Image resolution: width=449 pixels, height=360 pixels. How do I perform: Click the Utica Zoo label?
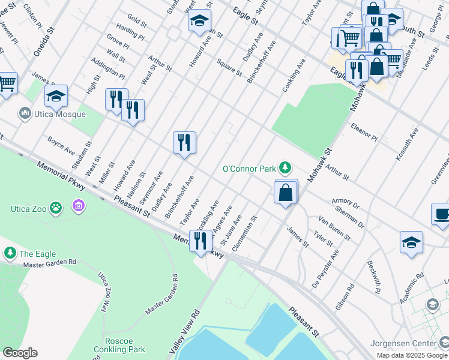click(x=29, y=209)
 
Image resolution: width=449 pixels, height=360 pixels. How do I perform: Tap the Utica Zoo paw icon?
click(x=56, y=208)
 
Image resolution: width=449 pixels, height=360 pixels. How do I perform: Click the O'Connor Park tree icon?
click(x=287, y=168)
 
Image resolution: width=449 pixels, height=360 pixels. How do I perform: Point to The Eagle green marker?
click(x=10, y=253)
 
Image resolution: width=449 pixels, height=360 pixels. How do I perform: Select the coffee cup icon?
click(x=442, y=214)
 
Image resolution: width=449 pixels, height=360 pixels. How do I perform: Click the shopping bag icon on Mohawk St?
click(x=286, y=193)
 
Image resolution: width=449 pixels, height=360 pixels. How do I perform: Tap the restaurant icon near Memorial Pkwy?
click(x=200, y=241)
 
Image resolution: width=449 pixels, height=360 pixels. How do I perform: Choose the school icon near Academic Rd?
click(x=411, y=242)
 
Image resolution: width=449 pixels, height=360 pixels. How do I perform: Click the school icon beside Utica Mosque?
click(x=56, y=95)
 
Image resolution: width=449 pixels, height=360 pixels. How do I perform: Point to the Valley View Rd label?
click(x=185, y=331)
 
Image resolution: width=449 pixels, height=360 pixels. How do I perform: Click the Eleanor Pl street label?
click(x=364, y=133)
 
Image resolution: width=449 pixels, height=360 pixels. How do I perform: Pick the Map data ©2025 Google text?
click(x=411, y=355)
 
